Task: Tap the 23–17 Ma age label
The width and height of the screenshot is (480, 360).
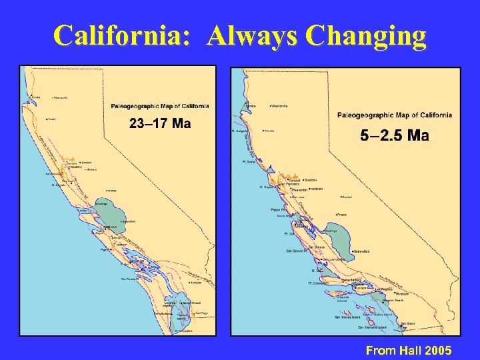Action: click(160, 123)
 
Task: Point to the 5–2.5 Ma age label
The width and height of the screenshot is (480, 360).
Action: click(394, 136)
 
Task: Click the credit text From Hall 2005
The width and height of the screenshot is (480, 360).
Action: click(409, 350)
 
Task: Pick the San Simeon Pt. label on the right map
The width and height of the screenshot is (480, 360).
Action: click(297, 251)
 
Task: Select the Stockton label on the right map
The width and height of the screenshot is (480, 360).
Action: click(310, 180)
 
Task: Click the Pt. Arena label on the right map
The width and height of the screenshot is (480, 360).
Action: click(249, 162)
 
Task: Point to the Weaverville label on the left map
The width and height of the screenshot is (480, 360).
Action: click(60, 98)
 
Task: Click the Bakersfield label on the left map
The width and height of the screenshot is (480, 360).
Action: click(129, 222)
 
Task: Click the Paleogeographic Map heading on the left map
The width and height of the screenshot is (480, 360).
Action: click(159, 106)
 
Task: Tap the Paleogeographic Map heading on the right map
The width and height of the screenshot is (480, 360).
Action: click(394, 115)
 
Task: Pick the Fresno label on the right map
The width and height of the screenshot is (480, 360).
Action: click(343, 215)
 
